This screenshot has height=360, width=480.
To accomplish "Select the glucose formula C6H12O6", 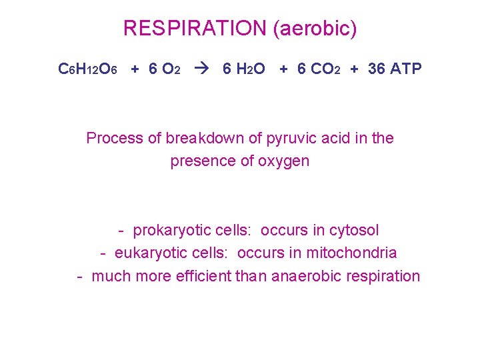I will (89, 69).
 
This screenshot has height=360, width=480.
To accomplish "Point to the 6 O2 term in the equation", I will (164, 69).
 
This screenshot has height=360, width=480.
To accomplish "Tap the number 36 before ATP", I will (377, 69).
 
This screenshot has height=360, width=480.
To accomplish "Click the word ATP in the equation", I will (406, 69).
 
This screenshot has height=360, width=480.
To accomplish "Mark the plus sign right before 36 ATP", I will (354, 69).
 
